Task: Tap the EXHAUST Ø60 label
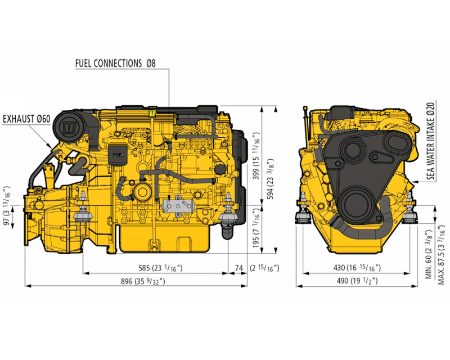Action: click(x=26, y=119)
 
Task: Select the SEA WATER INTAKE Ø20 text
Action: click(x=431, y=141)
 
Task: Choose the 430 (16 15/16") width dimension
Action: click(x=357, y=269)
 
